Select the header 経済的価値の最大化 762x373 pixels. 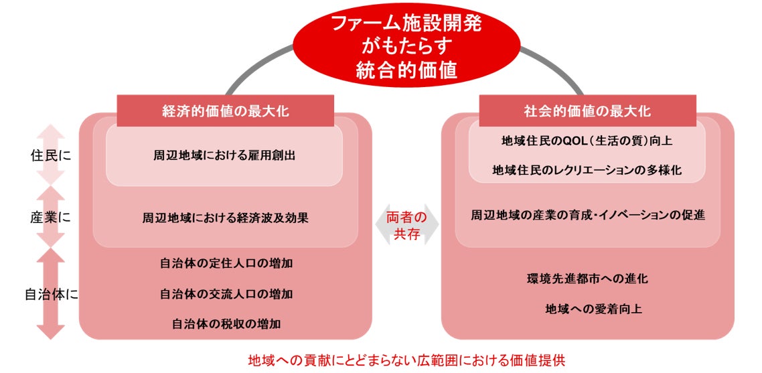tap(226, 111)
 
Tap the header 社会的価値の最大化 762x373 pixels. tap(587, 111)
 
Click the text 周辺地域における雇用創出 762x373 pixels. tap(225, 155)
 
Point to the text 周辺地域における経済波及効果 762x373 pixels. tap(225, 218)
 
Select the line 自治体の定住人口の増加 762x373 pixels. tap(226, 263)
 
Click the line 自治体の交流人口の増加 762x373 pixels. tap(226, 293)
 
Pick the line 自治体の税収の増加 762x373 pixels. tap(226, 323)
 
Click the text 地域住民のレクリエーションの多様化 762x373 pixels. tap(587, 170)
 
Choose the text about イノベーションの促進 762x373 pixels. tap(587, 215)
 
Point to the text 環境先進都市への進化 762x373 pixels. tap(587, 279)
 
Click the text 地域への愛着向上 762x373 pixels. tap(587, 309)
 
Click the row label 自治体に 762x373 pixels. tap(50, 294)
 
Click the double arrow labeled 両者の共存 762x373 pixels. tap(406, 225)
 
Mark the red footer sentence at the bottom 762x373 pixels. tap(406, 359)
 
